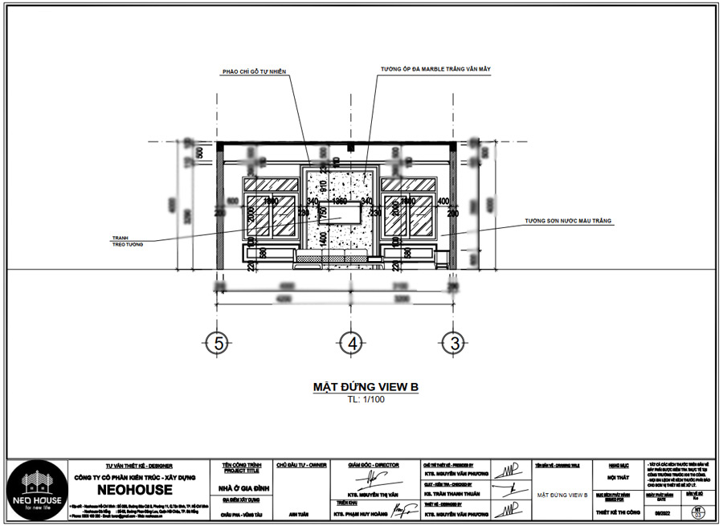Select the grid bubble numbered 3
coord(455,344)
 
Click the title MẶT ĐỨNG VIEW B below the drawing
coord(366,388)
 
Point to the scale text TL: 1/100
coord(366,398)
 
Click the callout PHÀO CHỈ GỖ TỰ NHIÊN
coord(255,71)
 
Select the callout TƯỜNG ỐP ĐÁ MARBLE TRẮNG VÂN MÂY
coord(435,70)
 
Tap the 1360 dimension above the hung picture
coord(340,201)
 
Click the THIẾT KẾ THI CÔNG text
coord(616,512)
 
